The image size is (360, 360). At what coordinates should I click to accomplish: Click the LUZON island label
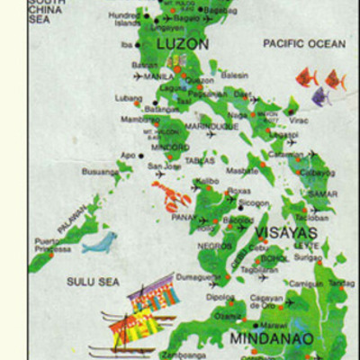(x=183, y=43)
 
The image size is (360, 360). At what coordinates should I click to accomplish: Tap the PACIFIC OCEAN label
(x=303, y=43)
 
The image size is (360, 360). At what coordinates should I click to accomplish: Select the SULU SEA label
(x=93, y=282)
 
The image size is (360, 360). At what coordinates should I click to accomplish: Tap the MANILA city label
(x=157, y=76)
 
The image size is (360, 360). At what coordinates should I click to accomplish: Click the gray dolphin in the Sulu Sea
(x=99, y=242)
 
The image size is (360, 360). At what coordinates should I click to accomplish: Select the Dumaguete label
(x=198, y=278)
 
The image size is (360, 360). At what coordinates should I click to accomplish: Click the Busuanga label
(x=99, y=171)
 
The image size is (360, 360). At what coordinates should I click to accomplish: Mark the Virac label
(x=300, y=119)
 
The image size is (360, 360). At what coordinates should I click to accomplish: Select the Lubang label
(x=129, y=97)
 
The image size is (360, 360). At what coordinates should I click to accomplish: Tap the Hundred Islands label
(x=124, y=19)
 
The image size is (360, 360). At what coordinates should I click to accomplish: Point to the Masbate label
(x=241, y=171)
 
